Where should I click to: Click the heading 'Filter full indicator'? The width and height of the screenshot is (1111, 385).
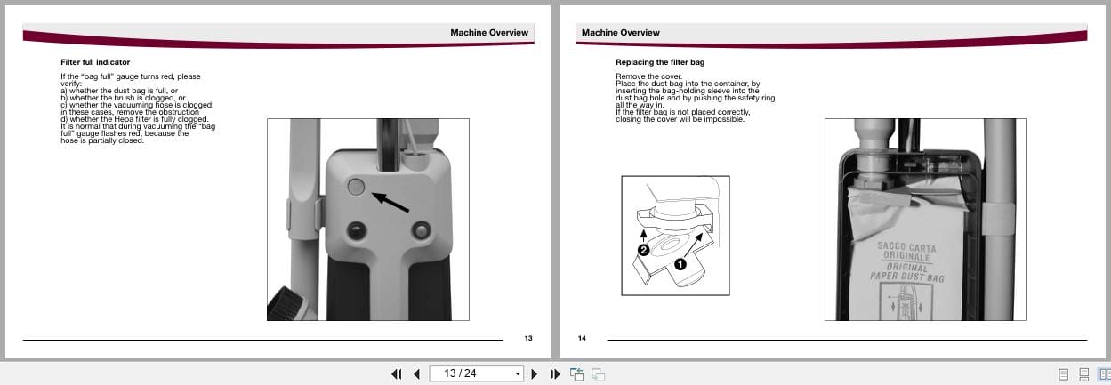point(95,62)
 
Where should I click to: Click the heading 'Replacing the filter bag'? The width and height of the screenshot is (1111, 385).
point(660,62)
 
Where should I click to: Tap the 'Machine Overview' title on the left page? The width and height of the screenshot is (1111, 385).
point(488,33)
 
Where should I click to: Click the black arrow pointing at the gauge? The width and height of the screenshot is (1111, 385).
point(391,202)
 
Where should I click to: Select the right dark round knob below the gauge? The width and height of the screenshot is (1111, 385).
point(419,231)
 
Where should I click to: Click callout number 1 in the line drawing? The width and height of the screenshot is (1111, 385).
point(681,264)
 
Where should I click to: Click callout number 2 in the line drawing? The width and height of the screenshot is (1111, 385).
point(642,252)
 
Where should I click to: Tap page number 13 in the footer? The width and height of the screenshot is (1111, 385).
point(527,338)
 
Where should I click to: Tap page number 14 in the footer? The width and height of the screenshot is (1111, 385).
point(583,338)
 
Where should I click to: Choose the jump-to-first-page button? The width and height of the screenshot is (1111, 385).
point(397,374)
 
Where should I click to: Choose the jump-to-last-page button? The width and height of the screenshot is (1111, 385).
point(555,374)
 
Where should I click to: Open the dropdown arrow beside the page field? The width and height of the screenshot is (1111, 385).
point(517,374)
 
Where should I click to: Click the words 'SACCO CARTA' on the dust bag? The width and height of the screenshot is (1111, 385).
point(906,246)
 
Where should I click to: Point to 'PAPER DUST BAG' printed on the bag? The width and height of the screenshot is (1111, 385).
point(906,277)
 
